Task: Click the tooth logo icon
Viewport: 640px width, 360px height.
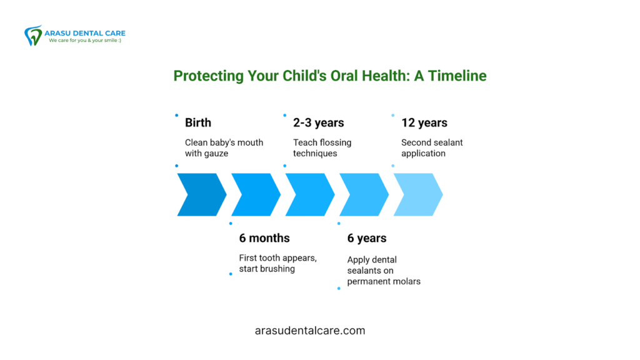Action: pyautogui.click(x=33, y=36)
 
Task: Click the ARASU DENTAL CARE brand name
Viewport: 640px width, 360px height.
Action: pyautogui.click(x=85, y=33)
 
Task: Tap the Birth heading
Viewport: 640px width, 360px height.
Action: pyautogui.click(x=198, y=122)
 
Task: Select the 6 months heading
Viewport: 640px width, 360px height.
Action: pyautogui.click(x=264, y=238)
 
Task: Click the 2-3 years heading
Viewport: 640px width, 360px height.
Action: pyautogui.click(x=318, y=122)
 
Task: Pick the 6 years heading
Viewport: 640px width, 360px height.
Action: pyautogui.click(x=367, y=238)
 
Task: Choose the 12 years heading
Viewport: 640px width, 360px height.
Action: pyautogui.click(x=424, y=122)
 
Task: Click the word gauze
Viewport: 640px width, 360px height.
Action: pyautogui.click(x=217, y=154)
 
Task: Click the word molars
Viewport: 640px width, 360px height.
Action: pyautogui.click(x=406, y=281)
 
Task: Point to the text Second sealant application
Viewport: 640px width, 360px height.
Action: pyautogui.click(x=432, y=147)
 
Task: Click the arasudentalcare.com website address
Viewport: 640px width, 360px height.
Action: pyautogui.click(x=310, y=331)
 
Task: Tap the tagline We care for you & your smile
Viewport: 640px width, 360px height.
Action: pyautogui.click(x=85, y=41)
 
